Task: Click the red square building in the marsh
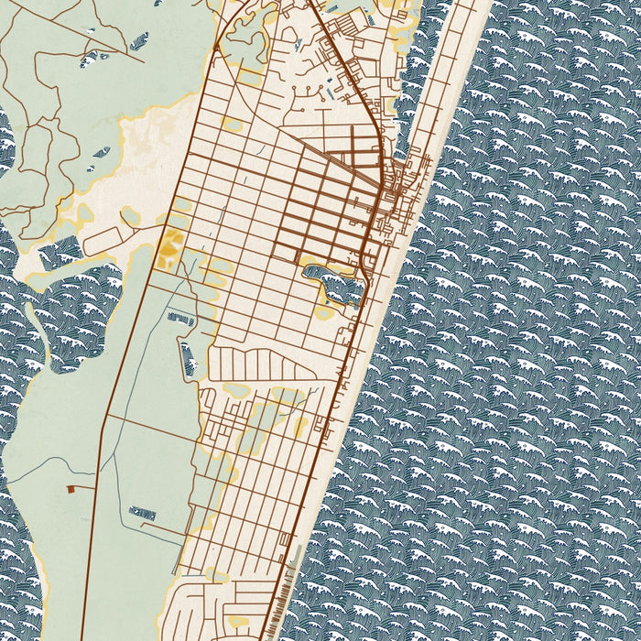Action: pyautogui.click(x=71, y=490)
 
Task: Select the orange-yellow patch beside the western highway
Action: pyautogui.click(x=168, y=248)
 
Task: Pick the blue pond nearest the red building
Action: pyautogui.click(x=143, y=514)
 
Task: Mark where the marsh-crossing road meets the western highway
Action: pyautogui.click(x=107, y=418)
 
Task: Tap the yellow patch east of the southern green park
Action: pyautogui.click(x=301, y=427)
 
